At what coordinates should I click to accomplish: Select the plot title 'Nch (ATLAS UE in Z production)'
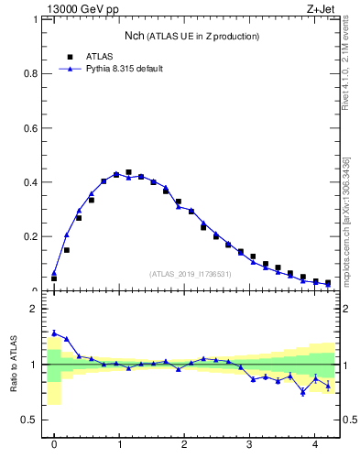coord(191,37)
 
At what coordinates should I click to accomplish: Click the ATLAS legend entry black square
coord(70,57)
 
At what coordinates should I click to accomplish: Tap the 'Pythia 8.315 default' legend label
coord(124,69)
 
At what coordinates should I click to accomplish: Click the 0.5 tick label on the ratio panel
coord(31,420)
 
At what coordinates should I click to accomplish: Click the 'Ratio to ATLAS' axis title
coord(13,365)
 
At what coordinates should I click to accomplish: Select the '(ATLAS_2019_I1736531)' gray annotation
coord(191,274)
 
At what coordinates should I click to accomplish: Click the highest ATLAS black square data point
coord(128,172)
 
